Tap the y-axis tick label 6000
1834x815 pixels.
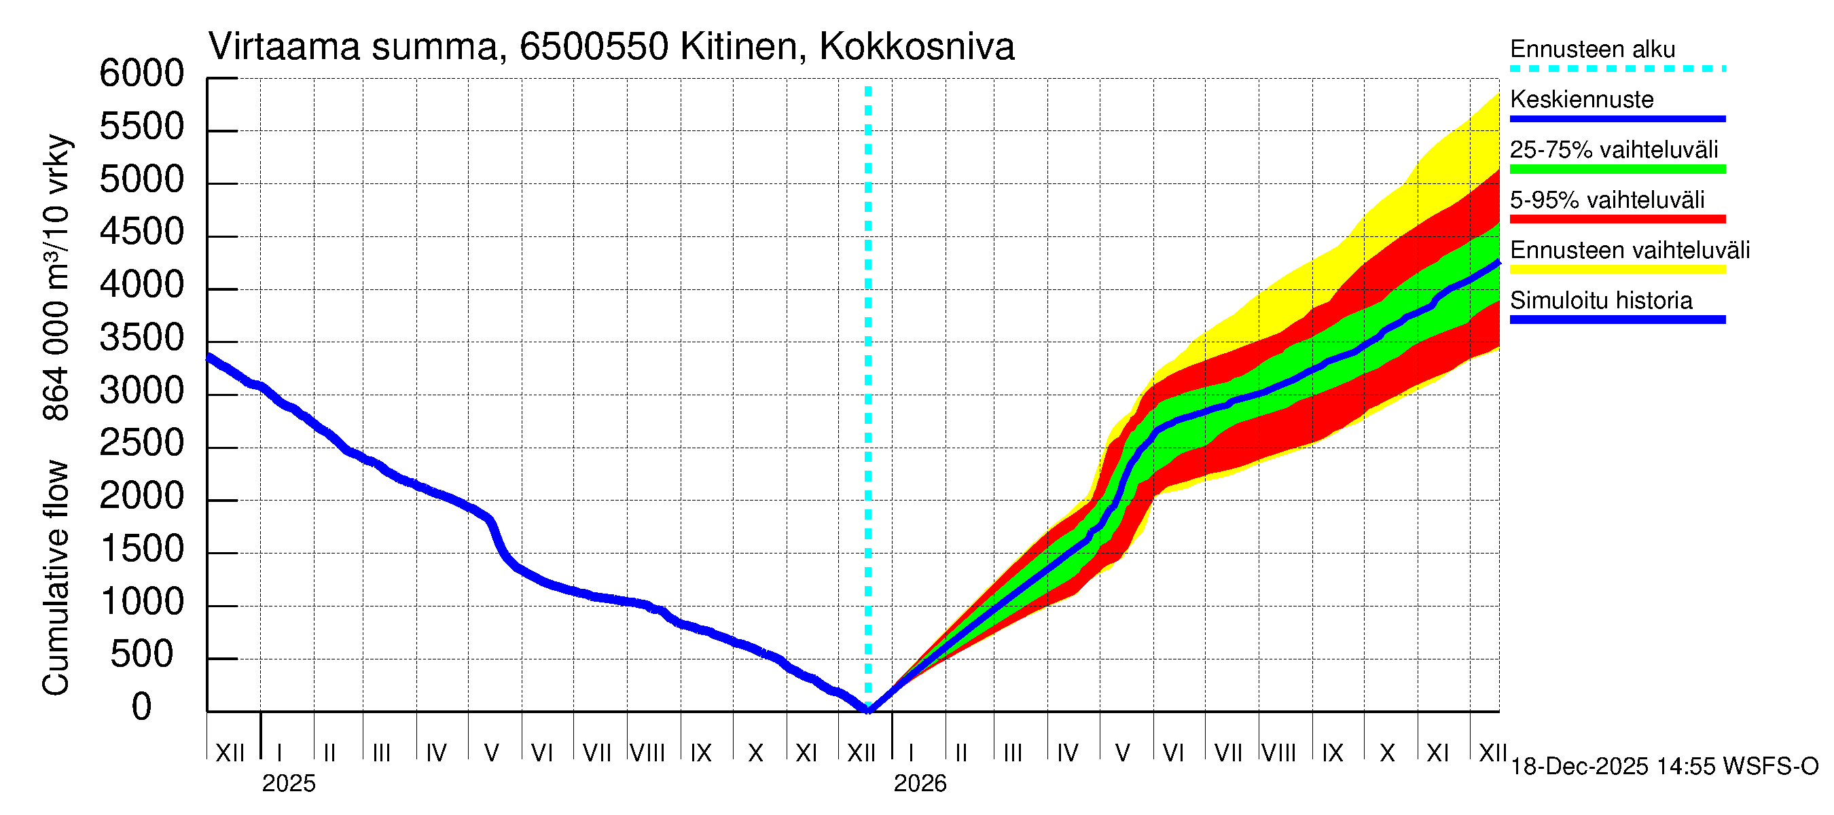pyautogui.click(x=142, y=73)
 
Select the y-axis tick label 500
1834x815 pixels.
pyautogui.click(x=142, y=655)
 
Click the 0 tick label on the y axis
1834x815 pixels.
pyautogui.click(x=142, y=708)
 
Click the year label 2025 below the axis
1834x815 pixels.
pyautogui.click(x=288, y=784)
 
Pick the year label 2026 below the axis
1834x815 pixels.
pyautogui.click(x=920, y=784)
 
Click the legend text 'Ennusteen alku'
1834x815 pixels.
pyautogui.click(x=1593, y=49)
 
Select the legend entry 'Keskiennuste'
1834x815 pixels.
pyautogui.click(x=1581, y=100)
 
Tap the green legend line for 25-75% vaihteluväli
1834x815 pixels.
pyautogui.click(x=1617, y=169)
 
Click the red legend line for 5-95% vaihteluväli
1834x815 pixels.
pyautogui.click(x=1617, y=219)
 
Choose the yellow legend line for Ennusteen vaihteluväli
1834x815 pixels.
pyautogui.click(x=1617, y=269)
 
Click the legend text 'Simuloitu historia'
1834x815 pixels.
pyautogui.click(x=1600, y=300)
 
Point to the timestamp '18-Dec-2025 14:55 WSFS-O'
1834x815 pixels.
pyautogui.click(x=1664, y=767)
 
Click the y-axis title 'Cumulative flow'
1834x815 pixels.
pyautogui.click(x=56, y=577)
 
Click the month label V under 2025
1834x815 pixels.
pyautogui.click(x=491, y=753)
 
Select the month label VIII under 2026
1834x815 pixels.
pyautogui.click(x=1278, y=753)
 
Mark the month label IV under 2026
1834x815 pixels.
pyautogui.click(x=1067, y=753)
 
